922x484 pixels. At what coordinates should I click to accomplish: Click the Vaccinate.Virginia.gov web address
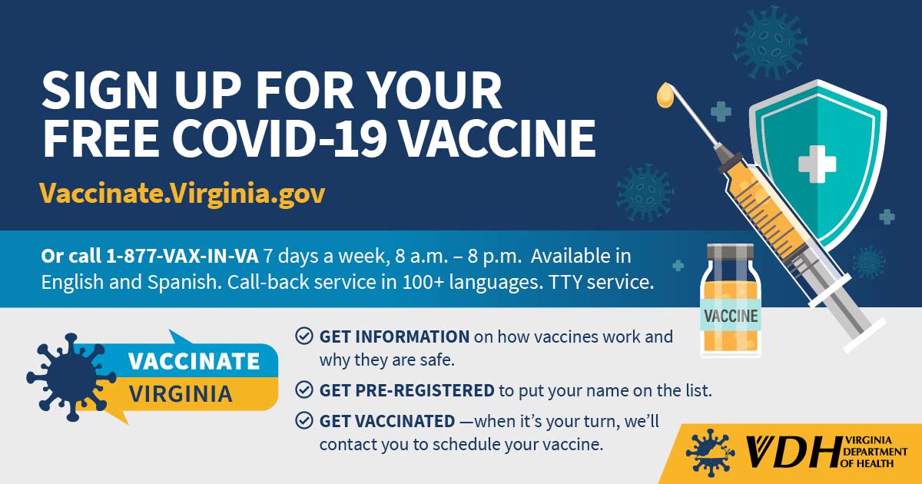pos(183,193)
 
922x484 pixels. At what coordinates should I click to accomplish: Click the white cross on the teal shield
pos(816,163)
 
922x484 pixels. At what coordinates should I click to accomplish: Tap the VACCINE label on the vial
pos(730,316)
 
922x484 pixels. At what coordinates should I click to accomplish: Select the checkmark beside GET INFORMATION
pos(304,336)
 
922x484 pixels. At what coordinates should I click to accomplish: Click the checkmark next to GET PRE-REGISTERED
pos(304,390)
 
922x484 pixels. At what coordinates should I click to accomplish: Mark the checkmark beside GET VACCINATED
pos(304,420)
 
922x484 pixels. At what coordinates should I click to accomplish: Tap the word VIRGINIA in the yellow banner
pos(181,394)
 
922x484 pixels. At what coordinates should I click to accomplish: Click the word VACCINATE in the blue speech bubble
pos(194,360)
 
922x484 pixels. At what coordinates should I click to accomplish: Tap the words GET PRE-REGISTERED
pos(406,390)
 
